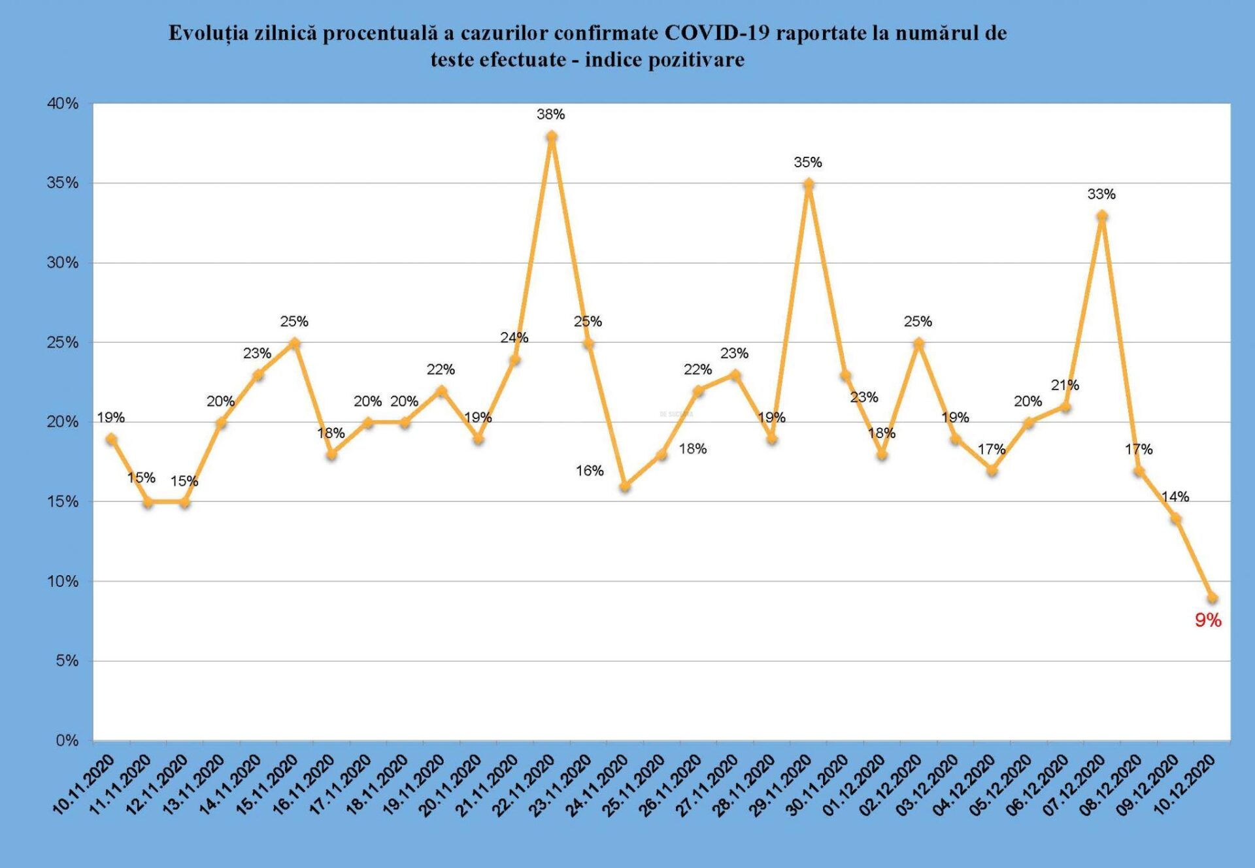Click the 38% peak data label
tap(550, 114)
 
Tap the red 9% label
tap(1208, 620)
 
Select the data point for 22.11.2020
tap(552, 136)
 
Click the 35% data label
tap(808, 162)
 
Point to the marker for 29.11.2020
tap(809, 184)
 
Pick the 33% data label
tap(1101, 194)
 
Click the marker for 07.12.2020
tap(1102, 216)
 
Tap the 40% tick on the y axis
tap(63, 103)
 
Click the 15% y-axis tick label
tap(63, 502)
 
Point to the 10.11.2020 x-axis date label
tap(84, 784)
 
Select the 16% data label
tap(589, 471)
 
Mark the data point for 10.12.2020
tap(1213, 597)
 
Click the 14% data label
tap(1175, 497)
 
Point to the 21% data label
tap(1065, 386)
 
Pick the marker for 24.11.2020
tap(625, 486)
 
